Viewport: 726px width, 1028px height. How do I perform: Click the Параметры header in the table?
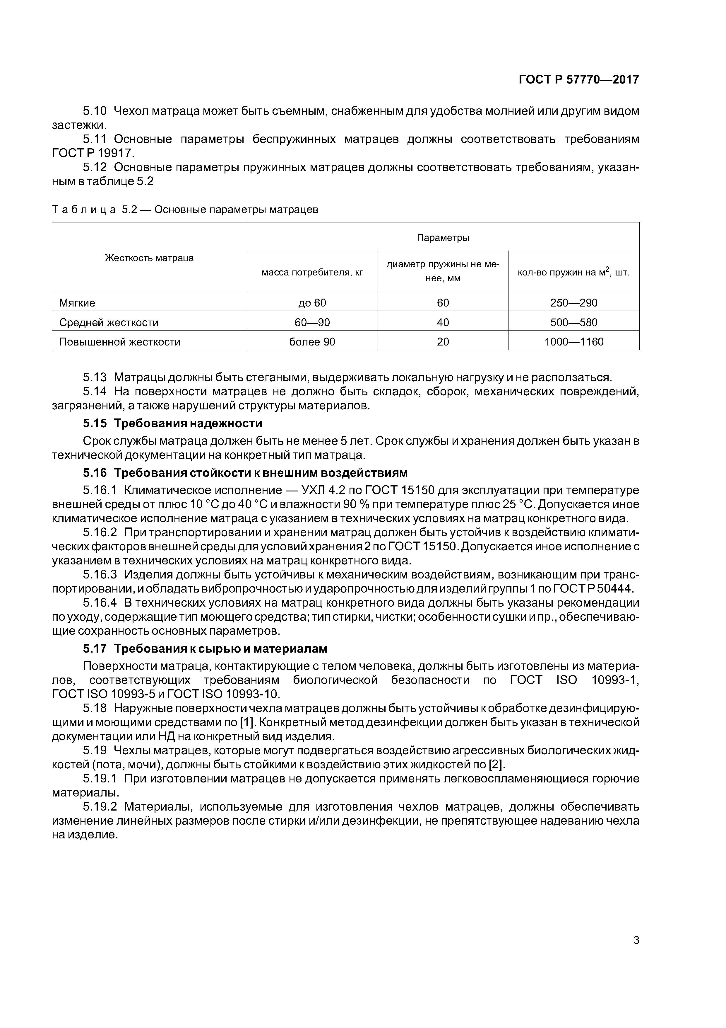tap(443, 237)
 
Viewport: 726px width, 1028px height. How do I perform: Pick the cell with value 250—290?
tap(573, 303)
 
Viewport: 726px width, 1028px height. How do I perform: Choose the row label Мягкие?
tap(77, 303)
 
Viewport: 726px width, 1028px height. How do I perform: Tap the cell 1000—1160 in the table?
tap(573, 342)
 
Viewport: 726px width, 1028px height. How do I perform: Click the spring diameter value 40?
tap(443, 322)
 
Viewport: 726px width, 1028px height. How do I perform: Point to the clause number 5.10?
tap(95, 110)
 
